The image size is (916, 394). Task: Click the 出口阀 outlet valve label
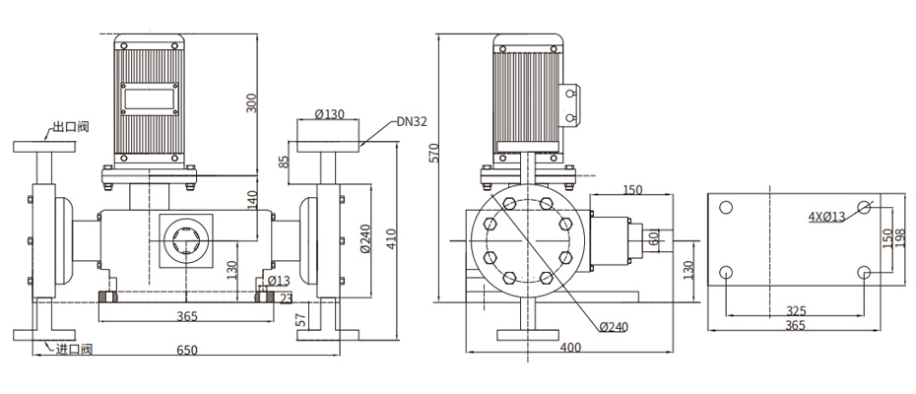point(70,127)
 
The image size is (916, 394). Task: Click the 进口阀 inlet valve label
point(74,349)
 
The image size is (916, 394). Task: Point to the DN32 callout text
point(412,123)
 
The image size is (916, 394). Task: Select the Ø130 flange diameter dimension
point(329,114)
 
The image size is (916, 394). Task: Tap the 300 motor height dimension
point(251,102)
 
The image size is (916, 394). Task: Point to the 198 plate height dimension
point(900,239)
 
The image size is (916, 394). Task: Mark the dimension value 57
point(301,318)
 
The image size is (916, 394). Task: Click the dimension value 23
point(286,298)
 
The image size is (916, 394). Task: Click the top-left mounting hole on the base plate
point(726,208)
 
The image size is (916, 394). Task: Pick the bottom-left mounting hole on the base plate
point(726,272)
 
